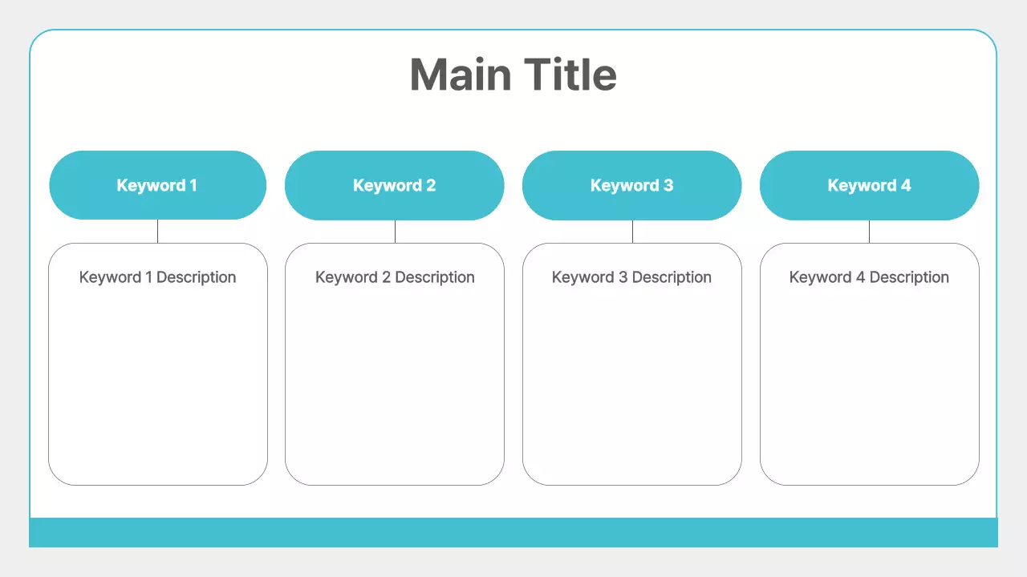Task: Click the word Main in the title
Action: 461,75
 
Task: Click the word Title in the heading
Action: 571,75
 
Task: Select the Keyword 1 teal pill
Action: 157,185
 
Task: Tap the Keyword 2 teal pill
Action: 394,185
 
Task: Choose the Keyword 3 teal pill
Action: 631,185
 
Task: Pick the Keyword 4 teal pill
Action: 869,185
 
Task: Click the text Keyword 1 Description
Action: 157,277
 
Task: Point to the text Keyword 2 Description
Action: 395,277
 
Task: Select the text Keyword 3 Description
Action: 631,277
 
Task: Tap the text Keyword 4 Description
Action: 869,277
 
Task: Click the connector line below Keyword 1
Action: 157,232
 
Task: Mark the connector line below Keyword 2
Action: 395,232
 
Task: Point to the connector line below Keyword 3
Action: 632,232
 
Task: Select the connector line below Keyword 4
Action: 869,232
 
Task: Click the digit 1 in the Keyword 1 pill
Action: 193,185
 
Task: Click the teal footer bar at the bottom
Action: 513,532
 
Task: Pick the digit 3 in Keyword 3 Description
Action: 623,277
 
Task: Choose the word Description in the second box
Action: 435,277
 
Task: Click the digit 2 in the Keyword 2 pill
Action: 431,185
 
